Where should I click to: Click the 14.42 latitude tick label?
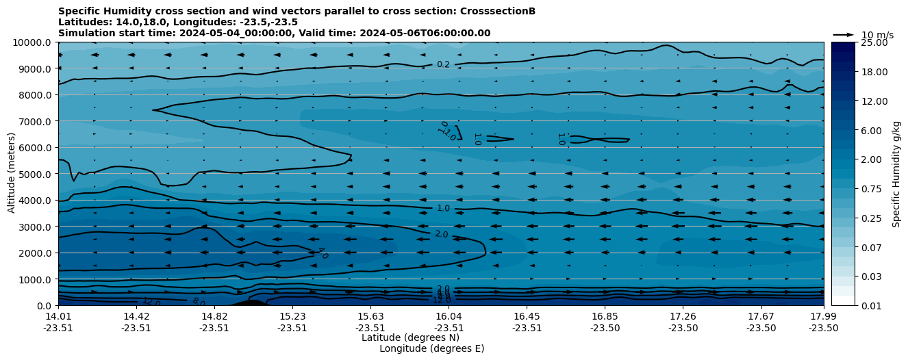136,316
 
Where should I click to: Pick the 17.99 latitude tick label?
823,316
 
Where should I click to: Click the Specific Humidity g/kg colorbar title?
896,174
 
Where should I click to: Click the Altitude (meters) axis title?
12,174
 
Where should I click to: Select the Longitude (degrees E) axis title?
431,348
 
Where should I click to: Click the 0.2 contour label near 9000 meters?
443,64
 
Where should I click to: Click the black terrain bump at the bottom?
251,303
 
